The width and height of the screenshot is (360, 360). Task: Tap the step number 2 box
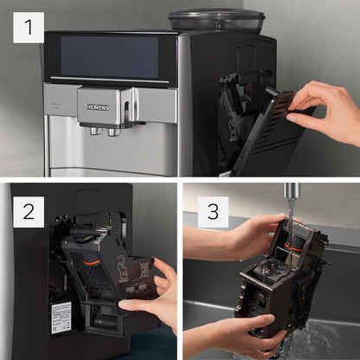tap(28, 210)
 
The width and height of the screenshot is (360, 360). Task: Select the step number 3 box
tap(212, 210)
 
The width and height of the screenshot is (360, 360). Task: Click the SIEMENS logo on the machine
tap(98, 106)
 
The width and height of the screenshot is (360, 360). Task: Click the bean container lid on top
tap(215, 18)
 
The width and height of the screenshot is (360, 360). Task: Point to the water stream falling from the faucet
tap(289, 216)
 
